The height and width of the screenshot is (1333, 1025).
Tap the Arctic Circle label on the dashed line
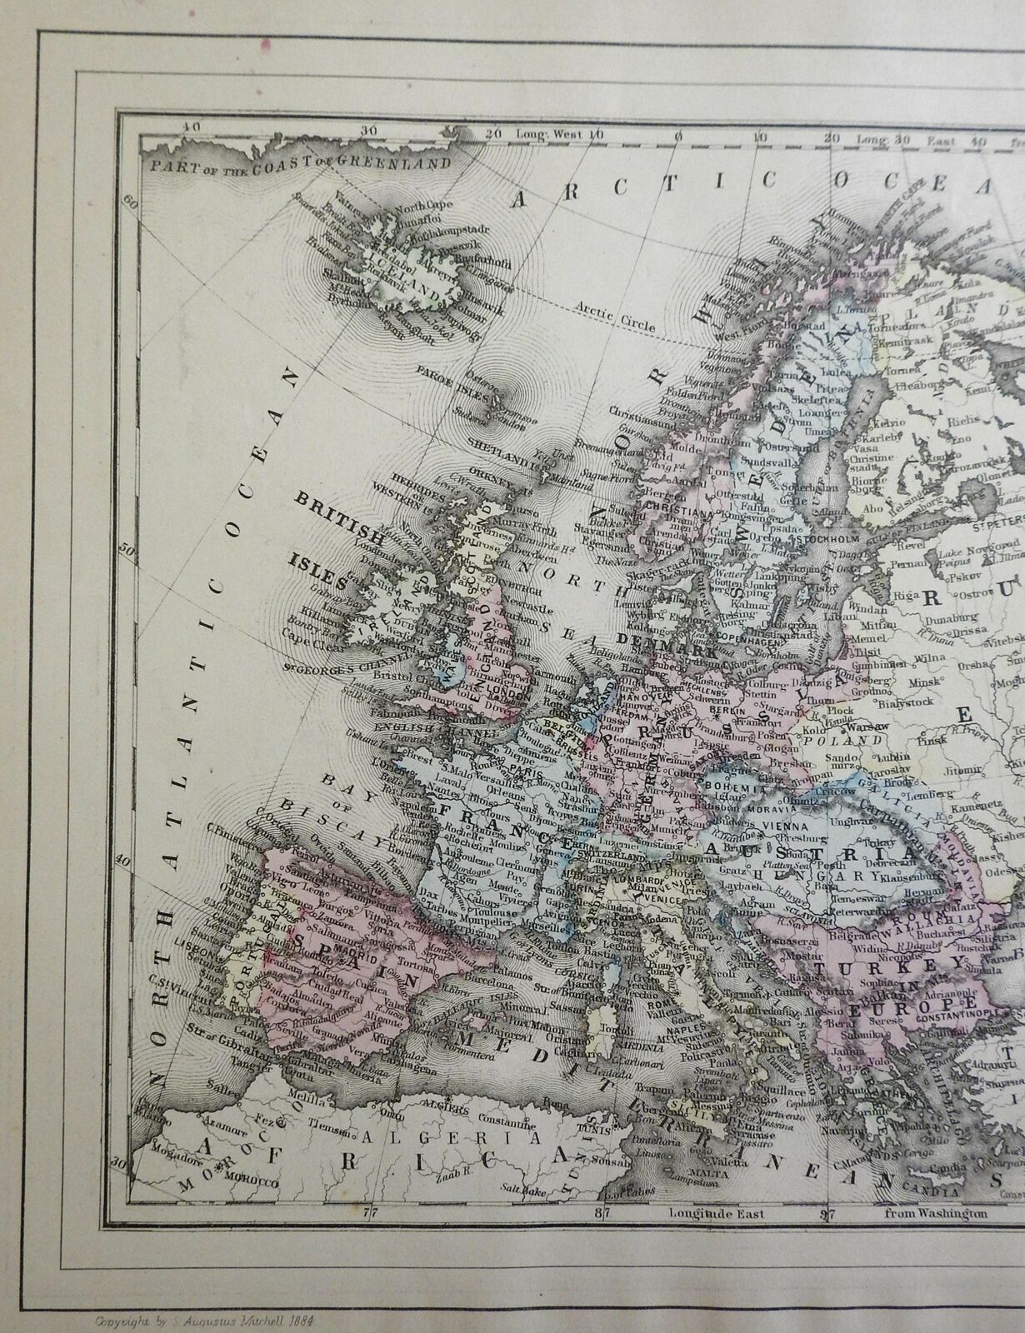coord(616,317)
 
